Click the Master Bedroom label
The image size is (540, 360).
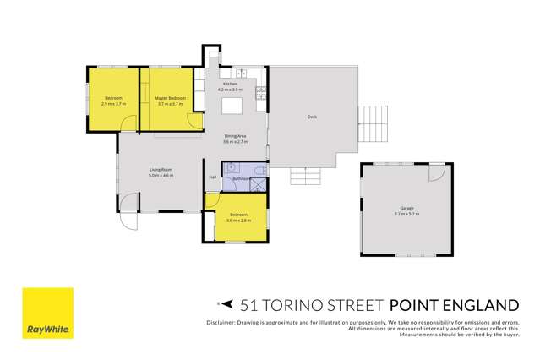[x=171, y=99]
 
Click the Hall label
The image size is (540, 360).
[x=212, y=177]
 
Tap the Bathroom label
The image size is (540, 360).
[x=240, y=179]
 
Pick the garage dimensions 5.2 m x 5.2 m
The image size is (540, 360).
[x=406, y=215]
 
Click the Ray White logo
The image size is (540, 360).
[x=47, y=314]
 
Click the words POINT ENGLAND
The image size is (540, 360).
[x=453, y=304]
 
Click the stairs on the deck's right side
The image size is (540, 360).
[x=372, y=126]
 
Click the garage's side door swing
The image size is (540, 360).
[x=435, y=172]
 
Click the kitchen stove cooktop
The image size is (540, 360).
[x=261, y=90]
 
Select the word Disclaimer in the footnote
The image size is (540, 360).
[x=221, y=323]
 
